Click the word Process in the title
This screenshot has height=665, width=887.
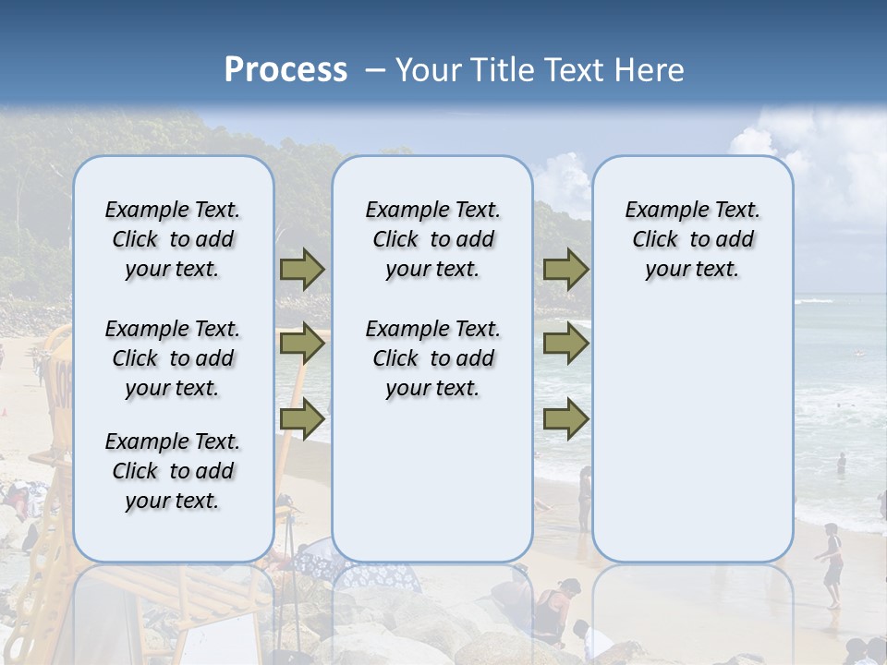286,70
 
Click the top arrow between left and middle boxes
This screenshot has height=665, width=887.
302,270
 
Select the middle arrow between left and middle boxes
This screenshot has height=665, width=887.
302,345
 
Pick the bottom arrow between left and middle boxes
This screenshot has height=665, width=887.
302,419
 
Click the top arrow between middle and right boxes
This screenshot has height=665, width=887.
565,270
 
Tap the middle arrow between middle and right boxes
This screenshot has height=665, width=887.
565,345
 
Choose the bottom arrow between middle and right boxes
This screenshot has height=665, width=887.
565,419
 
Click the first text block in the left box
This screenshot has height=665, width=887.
173,240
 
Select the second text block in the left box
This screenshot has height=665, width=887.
173,358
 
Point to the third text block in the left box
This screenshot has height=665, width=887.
173,471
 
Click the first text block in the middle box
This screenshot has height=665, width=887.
432,240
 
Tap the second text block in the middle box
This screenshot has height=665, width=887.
432,358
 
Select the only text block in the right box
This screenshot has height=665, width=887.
692,240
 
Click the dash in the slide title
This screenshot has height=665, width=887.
375,70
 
